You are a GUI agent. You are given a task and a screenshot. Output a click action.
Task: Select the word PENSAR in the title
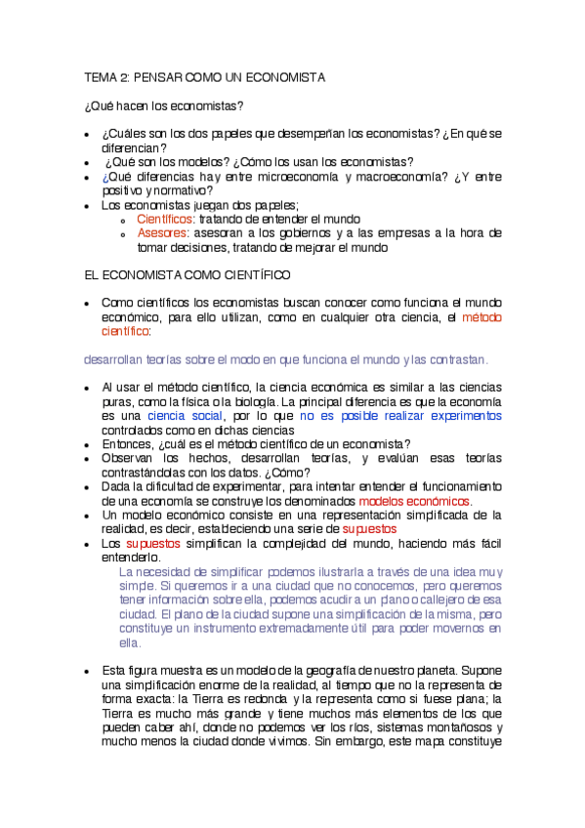(x=156, y=76)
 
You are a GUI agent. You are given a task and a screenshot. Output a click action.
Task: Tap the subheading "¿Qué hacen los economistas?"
(x=164, y=105)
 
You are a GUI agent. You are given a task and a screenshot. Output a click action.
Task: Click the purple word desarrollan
(x=117, y=359)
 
